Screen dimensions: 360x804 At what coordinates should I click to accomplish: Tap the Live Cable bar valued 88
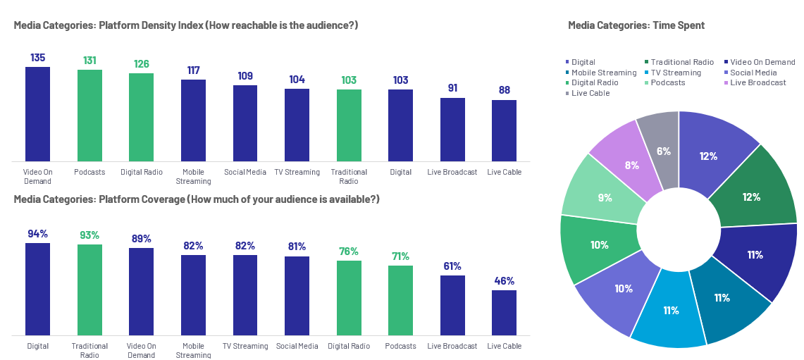[504, 130]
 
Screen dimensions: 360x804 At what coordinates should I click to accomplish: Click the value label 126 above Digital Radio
[142, 64]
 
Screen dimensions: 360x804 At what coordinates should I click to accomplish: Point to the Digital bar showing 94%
[37, 289]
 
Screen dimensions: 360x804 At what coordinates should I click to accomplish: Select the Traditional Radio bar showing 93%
[89, 290]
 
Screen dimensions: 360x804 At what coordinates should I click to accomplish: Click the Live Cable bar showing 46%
[504, 312]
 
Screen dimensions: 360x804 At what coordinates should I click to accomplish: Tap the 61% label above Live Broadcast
[452, 266]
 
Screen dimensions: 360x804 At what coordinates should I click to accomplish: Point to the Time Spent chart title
[636, 25]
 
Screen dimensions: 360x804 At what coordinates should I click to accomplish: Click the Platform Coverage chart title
[197, 199]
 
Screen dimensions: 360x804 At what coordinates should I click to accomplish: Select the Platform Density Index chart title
[186, 25]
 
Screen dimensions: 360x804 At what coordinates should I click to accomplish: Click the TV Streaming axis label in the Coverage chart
[245, 346]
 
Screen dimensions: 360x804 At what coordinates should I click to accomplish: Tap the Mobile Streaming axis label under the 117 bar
[193, 176]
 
